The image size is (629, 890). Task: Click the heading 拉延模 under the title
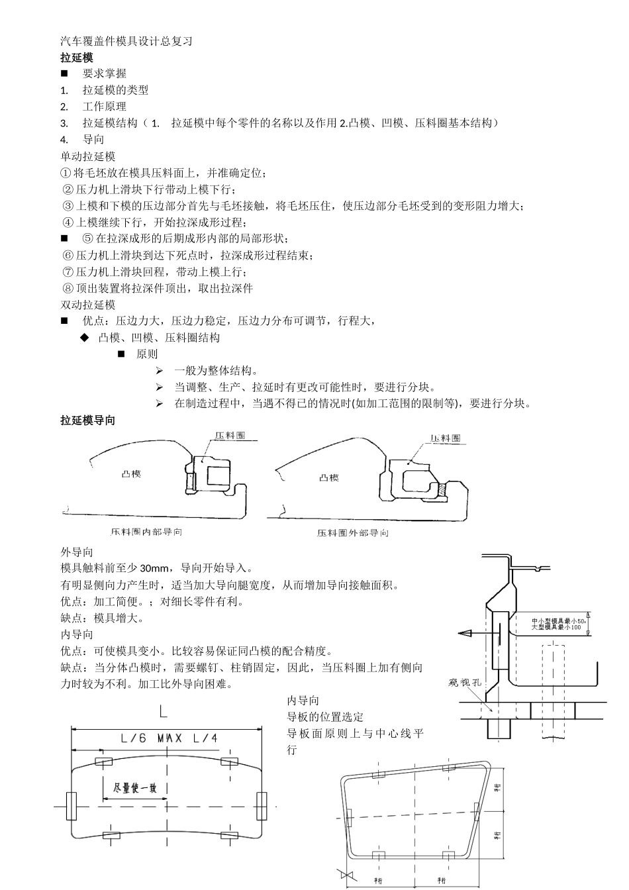point(77,58)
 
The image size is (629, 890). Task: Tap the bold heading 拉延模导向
point(88,420)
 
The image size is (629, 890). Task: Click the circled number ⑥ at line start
point(68,256)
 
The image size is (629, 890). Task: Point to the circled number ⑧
point(68,289)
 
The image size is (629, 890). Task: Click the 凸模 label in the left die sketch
point(131,474)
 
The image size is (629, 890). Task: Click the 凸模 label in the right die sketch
point(329,477)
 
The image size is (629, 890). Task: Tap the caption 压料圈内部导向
point(147,532)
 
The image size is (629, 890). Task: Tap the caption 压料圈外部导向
point(352,533)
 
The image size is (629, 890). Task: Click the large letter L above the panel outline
point(164,712)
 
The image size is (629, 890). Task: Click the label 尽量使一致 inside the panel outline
point(135,788)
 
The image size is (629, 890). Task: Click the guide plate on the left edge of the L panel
point(72,807)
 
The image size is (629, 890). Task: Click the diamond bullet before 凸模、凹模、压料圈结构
point(84,338)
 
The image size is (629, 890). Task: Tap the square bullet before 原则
point(121,354)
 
